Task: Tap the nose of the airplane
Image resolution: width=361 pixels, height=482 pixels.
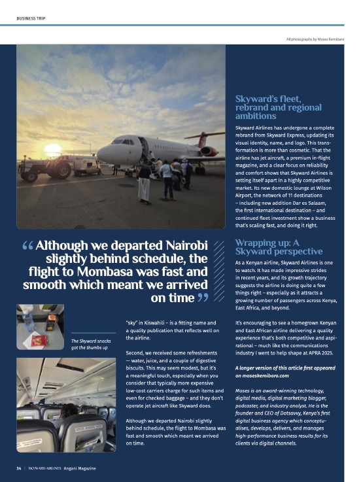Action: [100, 154]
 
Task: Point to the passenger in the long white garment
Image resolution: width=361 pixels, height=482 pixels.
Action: [145, 182]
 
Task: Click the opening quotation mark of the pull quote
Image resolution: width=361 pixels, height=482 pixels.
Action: [28, 247]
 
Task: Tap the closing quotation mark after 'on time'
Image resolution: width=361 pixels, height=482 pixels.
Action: [202, 299]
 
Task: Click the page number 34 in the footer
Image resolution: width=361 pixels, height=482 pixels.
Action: [19, 468]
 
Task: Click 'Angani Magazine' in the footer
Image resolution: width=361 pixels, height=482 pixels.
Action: [80, 468]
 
